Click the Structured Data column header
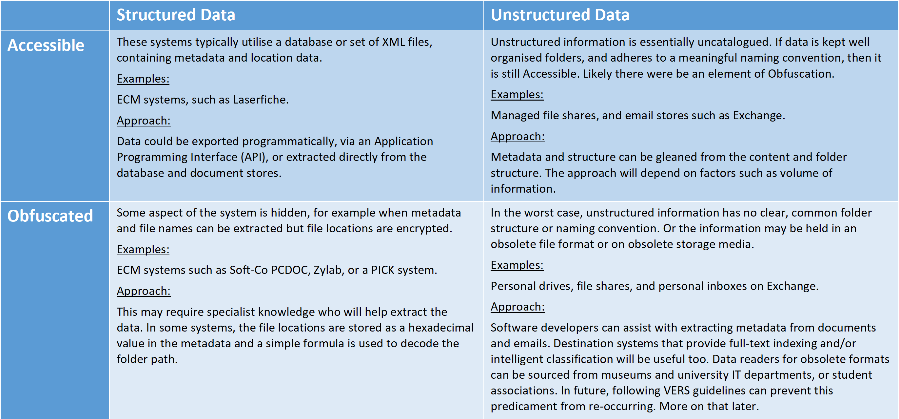(176, 15)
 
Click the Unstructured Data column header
(560, 15)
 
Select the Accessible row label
(46, 45)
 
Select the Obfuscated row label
(50, 216)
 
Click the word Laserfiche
(261, 100)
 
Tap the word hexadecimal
(441, 328)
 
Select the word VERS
(677, 391)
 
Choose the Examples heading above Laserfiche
(143, 79)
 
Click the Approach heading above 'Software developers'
(518, 307)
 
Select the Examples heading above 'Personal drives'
(517, 265)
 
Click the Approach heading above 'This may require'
(144, 291)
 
